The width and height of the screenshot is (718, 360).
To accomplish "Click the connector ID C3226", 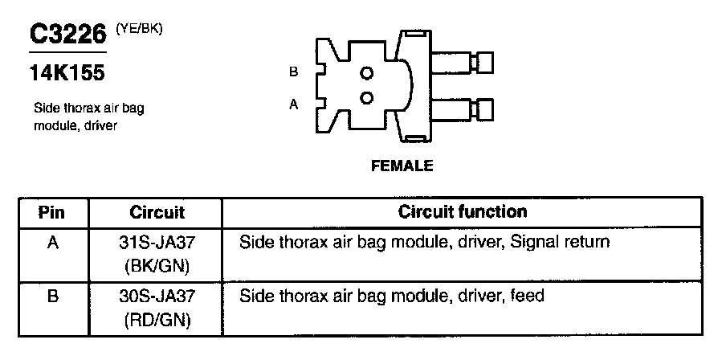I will coord(67,35).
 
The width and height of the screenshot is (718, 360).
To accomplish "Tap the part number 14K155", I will coord(67,74).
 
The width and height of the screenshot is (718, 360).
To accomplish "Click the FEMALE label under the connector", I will coord(402,166).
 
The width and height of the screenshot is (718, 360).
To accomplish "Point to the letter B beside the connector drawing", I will coord(294,72).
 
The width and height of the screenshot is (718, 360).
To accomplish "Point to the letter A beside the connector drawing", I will coord(294,104).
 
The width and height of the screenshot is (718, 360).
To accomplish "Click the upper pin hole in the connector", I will coord(367,73).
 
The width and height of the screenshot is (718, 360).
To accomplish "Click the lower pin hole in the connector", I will coord(367,98).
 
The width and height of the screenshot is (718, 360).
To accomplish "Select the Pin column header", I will coord(52,213).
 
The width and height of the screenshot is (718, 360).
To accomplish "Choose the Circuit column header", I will coord(157,213).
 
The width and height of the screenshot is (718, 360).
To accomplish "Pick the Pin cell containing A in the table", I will coord(52,241).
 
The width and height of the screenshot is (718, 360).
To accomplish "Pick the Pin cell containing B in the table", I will coord(52,296).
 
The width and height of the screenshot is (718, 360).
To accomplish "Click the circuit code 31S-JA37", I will coord(157,241).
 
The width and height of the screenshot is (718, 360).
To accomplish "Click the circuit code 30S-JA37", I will coord(157,296).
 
